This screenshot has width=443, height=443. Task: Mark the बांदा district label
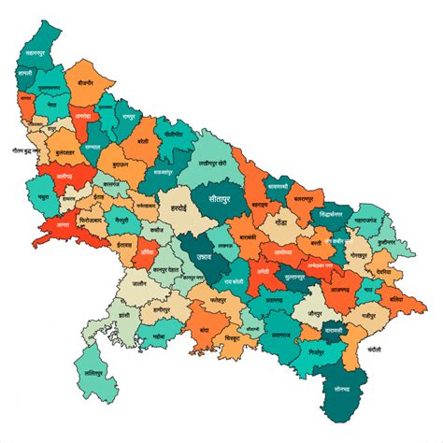click(x=204, y=330)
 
